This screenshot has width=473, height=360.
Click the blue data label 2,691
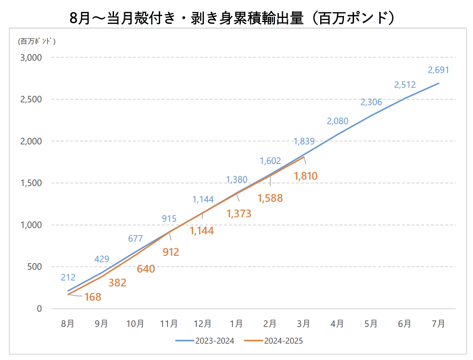(438, 70)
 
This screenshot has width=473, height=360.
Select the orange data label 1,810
(306, 176)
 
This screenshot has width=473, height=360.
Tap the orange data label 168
(93, 297)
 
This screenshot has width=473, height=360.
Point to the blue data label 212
(68, 277)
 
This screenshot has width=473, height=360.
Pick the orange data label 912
(171, 252)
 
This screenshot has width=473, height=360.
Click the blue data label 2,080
(338, 121)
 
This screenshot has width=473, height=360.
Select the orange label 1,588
(270, 198)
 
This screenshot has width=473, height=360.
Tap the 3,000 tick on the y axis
(31, 57)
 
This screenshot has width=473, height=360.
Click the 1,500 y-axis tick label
(31, 183)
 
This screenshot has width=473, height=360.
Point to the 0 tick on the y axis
(39, 309)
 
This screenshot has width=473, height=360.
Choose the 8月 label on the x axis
(68, 323)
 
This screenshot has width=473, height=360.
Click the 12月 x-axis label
(202, 323)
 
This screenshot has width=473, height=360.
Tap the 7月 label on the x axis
(438, 323)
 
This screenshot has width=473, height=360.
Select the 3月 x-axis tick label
(303, 323)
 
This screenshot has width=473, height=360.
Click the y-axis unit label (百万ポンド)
(37, 41)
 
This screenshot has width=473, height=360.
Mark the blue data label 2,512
(405, 85)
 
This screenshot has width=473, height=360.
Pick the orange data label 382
(117, 283)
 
